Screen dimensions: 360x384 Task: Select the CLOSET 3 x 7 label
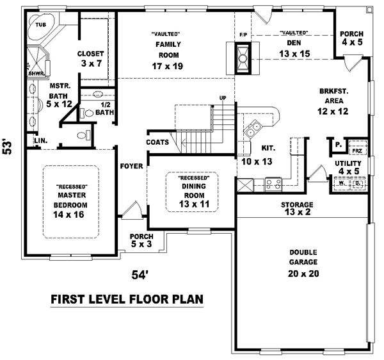point(91,58)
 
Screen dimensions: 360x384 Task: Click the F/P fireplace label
point(243,33)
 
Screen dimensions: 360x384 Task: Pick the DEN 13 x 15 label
point(295,48)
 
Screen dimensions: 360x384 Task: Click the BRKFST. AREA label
point(333,96)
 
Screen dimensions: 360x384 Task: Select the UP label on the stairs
point(223,98)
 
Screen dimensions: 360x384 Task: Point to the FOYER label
point(131,167)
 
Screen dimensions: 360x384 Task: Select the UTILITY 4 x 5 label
point(349,168)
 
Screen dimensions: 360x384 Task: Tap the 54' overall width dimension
point(140,275)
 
